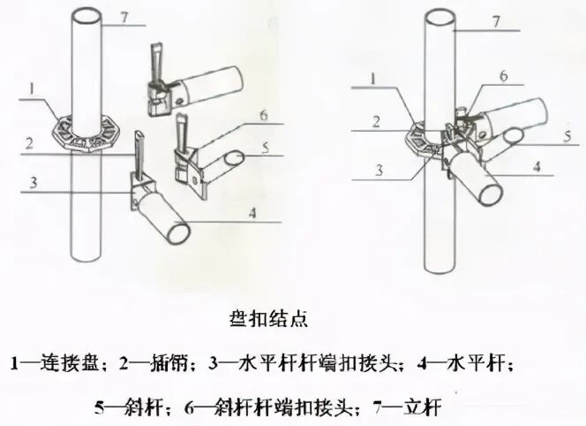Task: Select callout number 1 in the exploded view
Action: point(31,88)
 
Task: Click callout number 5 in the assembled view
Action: point(569,135)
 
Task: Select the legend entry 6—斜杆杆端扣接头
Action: point(269,408)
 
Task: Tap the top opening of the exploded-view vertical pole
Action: point(86,14)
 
